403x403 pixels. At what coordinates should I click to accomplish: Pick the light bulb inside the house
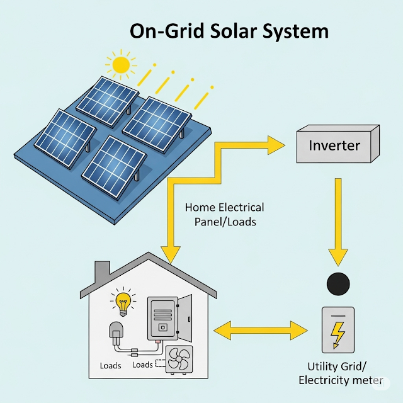pyautogui.click(x=123, y=302)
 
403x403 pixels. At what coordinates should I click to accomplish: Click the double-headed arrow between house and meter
pyautogui.click(x=260, y=329)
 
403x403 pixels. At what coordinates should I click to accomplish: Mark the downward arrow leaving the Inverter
pyautogui.click(x=338, y=220)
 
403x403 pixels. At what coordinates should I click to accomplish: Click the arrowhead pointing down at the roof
pyautogui.click(x=168, y=252)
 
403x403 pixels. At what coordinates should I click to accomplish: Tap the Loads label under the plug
pyautogui.click(x=111, y=365)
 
